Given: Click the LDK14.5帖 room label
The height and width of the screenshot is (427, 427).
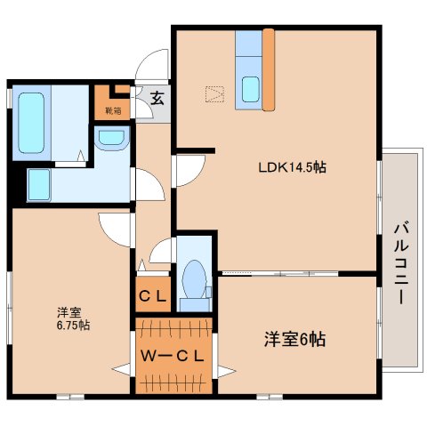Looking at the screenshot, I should (x=282, y=166).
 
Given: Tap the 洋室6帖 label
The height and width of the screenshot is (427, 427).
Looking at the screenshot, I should (x=293, y=339).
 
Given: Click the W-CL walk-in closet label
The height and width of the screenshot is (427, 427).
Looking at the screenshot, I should (x=173, y=357).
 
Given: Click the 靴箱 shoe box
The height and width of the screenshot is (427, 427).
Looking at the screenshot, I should (x=113, y=105).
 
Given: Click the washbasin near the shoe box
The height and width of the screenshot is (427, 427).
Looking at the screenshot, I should (x=111, y=139).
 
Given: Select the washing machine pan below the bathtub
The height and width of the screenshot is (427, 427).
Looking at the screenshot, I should (x=39, y=185).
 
